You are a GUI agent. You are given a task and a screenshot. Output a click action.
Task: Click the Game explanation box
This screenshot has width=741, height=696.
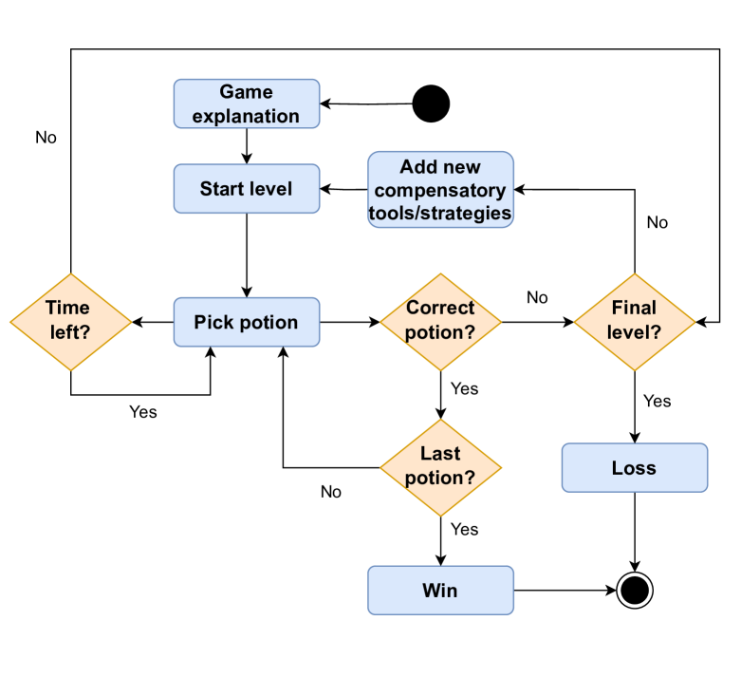point(246,103)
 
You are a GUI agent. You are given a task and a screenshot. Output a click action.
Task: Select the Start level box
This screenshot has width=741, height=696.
point(246,189)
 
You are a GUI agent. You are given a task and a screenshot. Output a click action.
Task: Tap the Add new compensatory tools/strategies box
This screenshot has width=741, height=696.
point(440,190)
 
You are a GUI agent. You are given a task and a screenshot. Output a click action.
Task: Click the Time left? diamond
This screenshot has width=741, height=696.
point(70,322)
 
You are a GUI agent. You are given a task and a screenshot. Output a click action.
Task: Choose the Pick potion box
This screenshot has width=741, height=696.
point(246,322)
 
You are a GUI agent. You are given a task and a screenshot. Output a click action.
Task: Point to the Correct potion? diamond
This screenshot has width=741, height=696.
point(440,322)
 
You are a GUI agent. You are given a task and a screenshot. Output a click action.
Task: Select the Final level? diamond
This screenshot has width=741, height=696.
point(634,322)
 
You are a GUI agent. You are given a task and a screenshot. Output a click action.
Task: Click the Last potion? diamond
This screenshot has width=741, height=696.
point(440,467)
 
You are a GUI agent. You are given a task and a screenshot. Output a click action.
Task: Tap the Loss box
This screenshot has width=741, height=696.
point(634,468)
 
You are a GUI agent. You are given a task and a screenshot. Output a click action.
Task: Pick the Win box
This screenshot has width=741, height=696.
point(440,591)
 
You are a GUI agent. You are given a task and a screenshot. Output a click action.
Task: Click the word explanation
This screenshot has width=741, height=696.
point(246,116)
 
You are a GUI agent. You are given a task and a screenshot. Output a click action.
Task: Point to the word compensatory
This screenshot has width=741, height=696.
point(440,190)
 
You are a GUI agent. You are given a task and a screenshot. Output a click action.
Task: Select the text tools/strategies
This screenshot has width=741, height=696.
point(440,213)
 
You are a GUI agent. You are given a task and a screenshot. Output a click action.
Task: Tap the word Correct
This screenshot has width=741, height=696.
point(440,308)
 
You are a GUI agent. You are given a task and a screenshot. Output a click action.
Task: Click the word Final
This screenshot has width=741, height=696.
point(634,308)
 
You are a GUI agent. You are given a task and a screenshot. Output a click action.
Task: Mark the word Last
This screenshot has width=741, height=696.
point(440,454)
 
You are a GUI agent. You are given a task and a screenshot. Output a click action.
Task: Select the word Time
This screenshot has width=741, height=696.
point(67,308)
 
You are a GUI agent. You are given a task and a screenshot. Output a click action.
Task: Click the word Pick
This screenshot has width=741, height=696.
point(212,322)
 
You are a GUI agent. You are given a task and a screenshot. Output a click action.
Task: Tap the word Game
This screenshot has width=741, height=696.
point(246,92)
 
